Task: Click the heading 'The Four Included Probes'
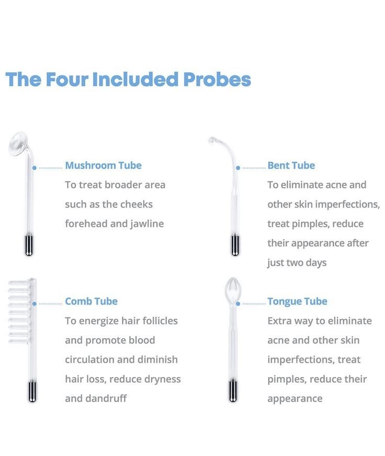pyautogui.click(x=128, y=80)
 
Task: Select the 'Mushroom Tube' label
pyautogui.click(x=103, y=165)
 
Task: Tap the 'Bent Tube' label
pyautogui.click(x=291, y=165)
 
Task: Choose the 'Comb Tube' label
pyautogui.click(x=91, y=302)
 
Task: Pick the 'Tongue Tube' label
pyautogui.click(x=297, y=302)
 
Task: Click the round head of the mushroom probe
pyautogui.click(x=19, y=143)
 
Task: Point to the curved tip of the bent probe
pyautogui.click(x=213, y=140)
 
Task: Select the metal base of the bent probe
pyautogui.click(x=235, y=246)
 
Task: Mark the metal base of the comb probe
pyautogui.click(x=32, y=392)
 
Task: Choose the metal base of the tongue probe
pyautogui.click(x=233, y=392)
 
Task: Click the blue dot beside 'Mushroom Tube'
pyautogui.click(x=35, y=168)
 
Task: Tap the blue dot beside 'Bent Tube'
pyautogui.click(x=238, y=168)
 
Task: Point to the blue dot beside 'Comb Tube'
pyautogui.click(x=35, y=304)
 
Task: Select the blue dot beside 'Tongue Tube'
pyautogui.click(x=238, y=304)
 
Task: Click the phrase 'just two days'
pyautogui.click(x=297, y=263)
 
